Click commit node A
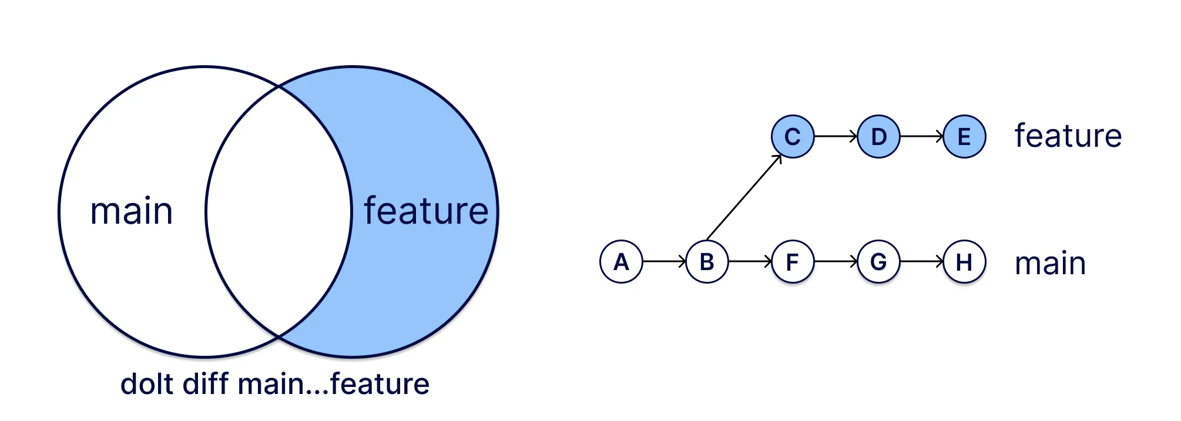[x=621, y=262]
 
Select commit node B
[x=707, y=262]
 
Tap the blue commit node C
[x=793, y=137]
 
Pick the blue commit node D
[x=878, y=137]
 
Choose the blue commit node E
[x=964, y=137]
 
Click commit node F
[x=793, y=262]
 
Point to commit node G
[x=878, y=262]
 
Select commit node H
[x=964, y=262]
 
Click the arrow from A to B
[x=664, y=261]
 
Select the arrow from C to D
[x=836, y=137]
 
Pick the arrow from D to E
[x=921, y=137]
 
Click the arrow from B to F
[x=750, y=261]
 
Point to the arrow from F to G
[x=836, y=261]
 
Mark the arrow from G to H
[x=921, y=261]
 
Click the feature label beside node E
[x=1068, y=136]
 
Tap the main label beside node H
[x=1050, y=264]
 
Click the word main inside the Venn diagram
[x=132, y=211]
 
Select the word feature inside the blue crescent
[x=426, y=211]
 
